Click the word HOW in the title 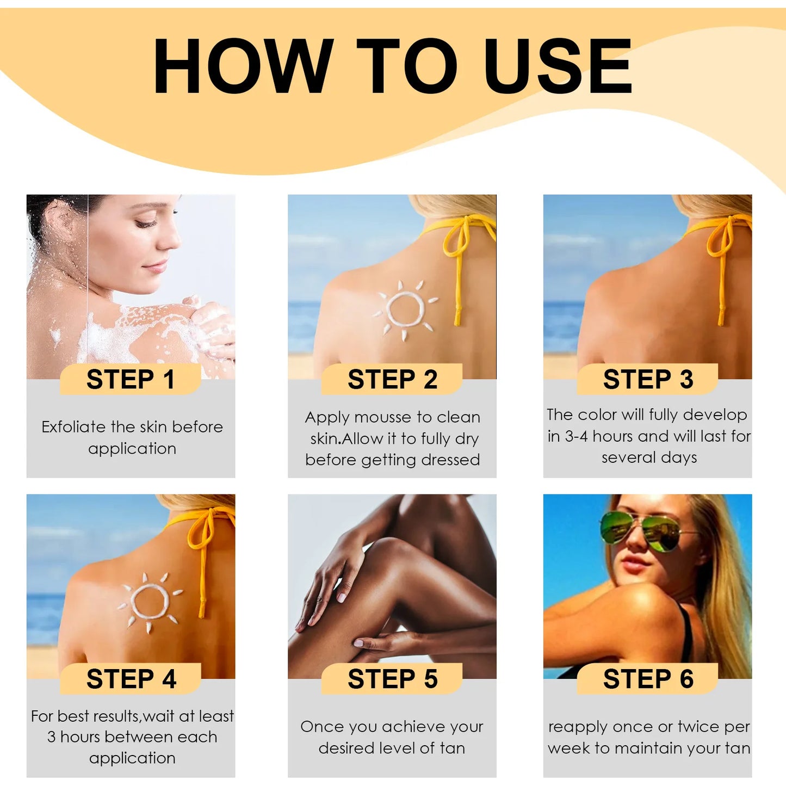(x=243, y=67)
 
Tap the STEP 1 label (x=131, y=379)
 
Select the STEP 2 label (x=392, y=379)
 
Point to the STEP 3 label (x=648, y=379)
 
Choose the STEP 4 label (x=131, y=679)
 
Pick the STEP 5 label (x=392, y=679)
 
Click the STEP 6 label (x=648, y=679)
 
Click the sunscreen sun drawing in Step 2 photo (x=405, y=309)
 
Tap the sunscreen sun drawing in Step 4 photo (x=150, y=602)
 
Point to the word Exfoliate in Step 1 (x=74, y=427)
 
